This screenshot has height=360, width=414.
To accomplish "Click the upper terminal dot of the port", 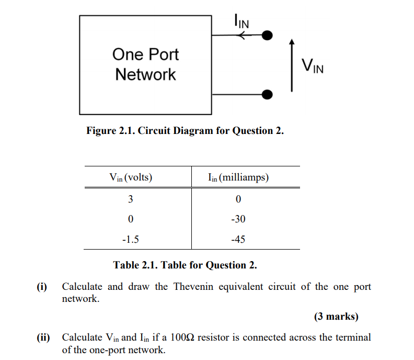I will click(267, 36).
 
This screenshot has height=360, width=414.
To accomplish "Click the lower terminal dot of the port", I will click(267, 94).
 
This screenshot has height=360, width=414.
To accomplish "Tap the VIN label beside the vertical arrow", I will click(313, 66).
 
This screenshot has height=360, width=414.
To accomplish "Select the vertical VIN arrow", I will click(292, 65).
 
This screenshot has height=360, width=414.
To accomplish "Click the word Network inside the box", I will click(146, 74).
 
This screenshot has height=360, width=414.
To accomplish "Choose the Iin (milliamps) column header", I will click(238, 177).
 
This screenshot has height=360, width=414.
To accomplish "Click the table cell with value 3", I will click(131, 199).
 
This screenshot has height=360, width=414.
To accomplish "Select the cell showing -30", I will click(238, 219).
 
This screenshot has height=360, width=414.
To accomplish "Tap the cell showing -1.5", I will click(131, 240).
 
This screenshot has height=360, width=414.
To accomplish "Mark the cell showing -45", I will click(238, 240).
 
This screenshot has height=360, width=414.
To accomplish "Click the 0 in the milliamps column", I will click(238, 199).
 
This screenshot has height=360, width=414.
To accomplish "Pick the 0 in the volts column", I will click(131, 219).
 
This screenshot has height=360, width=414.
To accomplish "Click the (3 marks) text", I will click(336, 316).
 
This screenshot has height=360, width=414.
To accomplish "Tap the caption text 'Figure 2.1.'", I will click(111, 131).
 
